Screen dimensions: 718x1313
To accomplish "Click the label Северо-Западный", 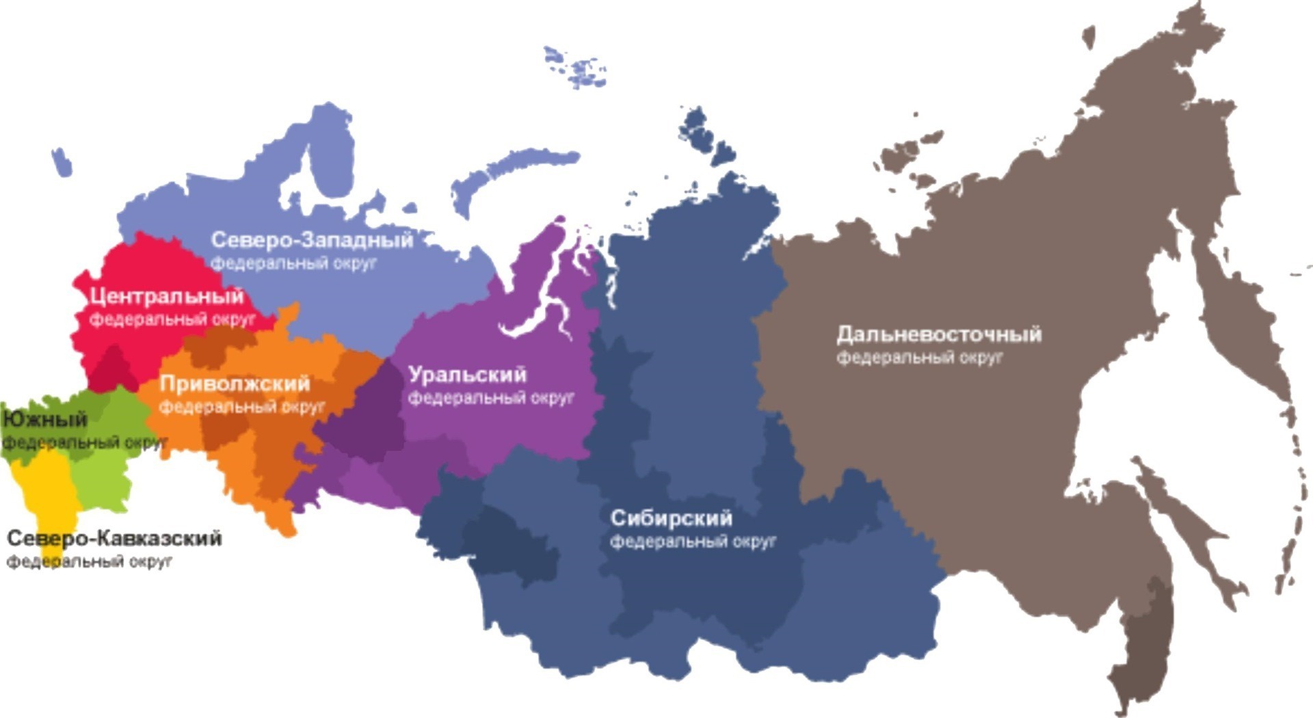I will click(312, 240).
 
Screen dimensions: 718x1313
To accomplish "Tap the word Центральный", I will click(166, 296).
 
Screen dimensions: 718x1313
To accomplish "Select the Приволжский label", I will click(235, 384).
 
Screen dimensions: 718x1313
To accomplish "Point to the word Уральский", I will click(467, 375).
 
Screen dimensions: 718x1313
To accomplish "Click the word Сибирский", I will click(671, 518).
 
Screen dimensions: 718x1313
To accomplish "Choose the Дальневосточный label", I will click(939, 334).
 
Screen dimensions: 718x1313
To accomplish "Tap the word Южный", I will click(45, 419).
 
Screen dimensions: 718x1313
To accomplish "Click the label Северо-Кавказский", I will click(114, 539).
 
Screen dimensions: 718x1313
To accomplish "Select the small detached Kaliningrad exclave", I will click(62, 163).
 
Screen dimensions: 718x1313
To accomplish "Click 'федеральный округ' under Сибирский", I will click(693, 542).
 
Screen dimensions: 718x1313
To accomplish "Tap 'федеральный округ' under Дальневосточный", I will click(920, 358).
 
